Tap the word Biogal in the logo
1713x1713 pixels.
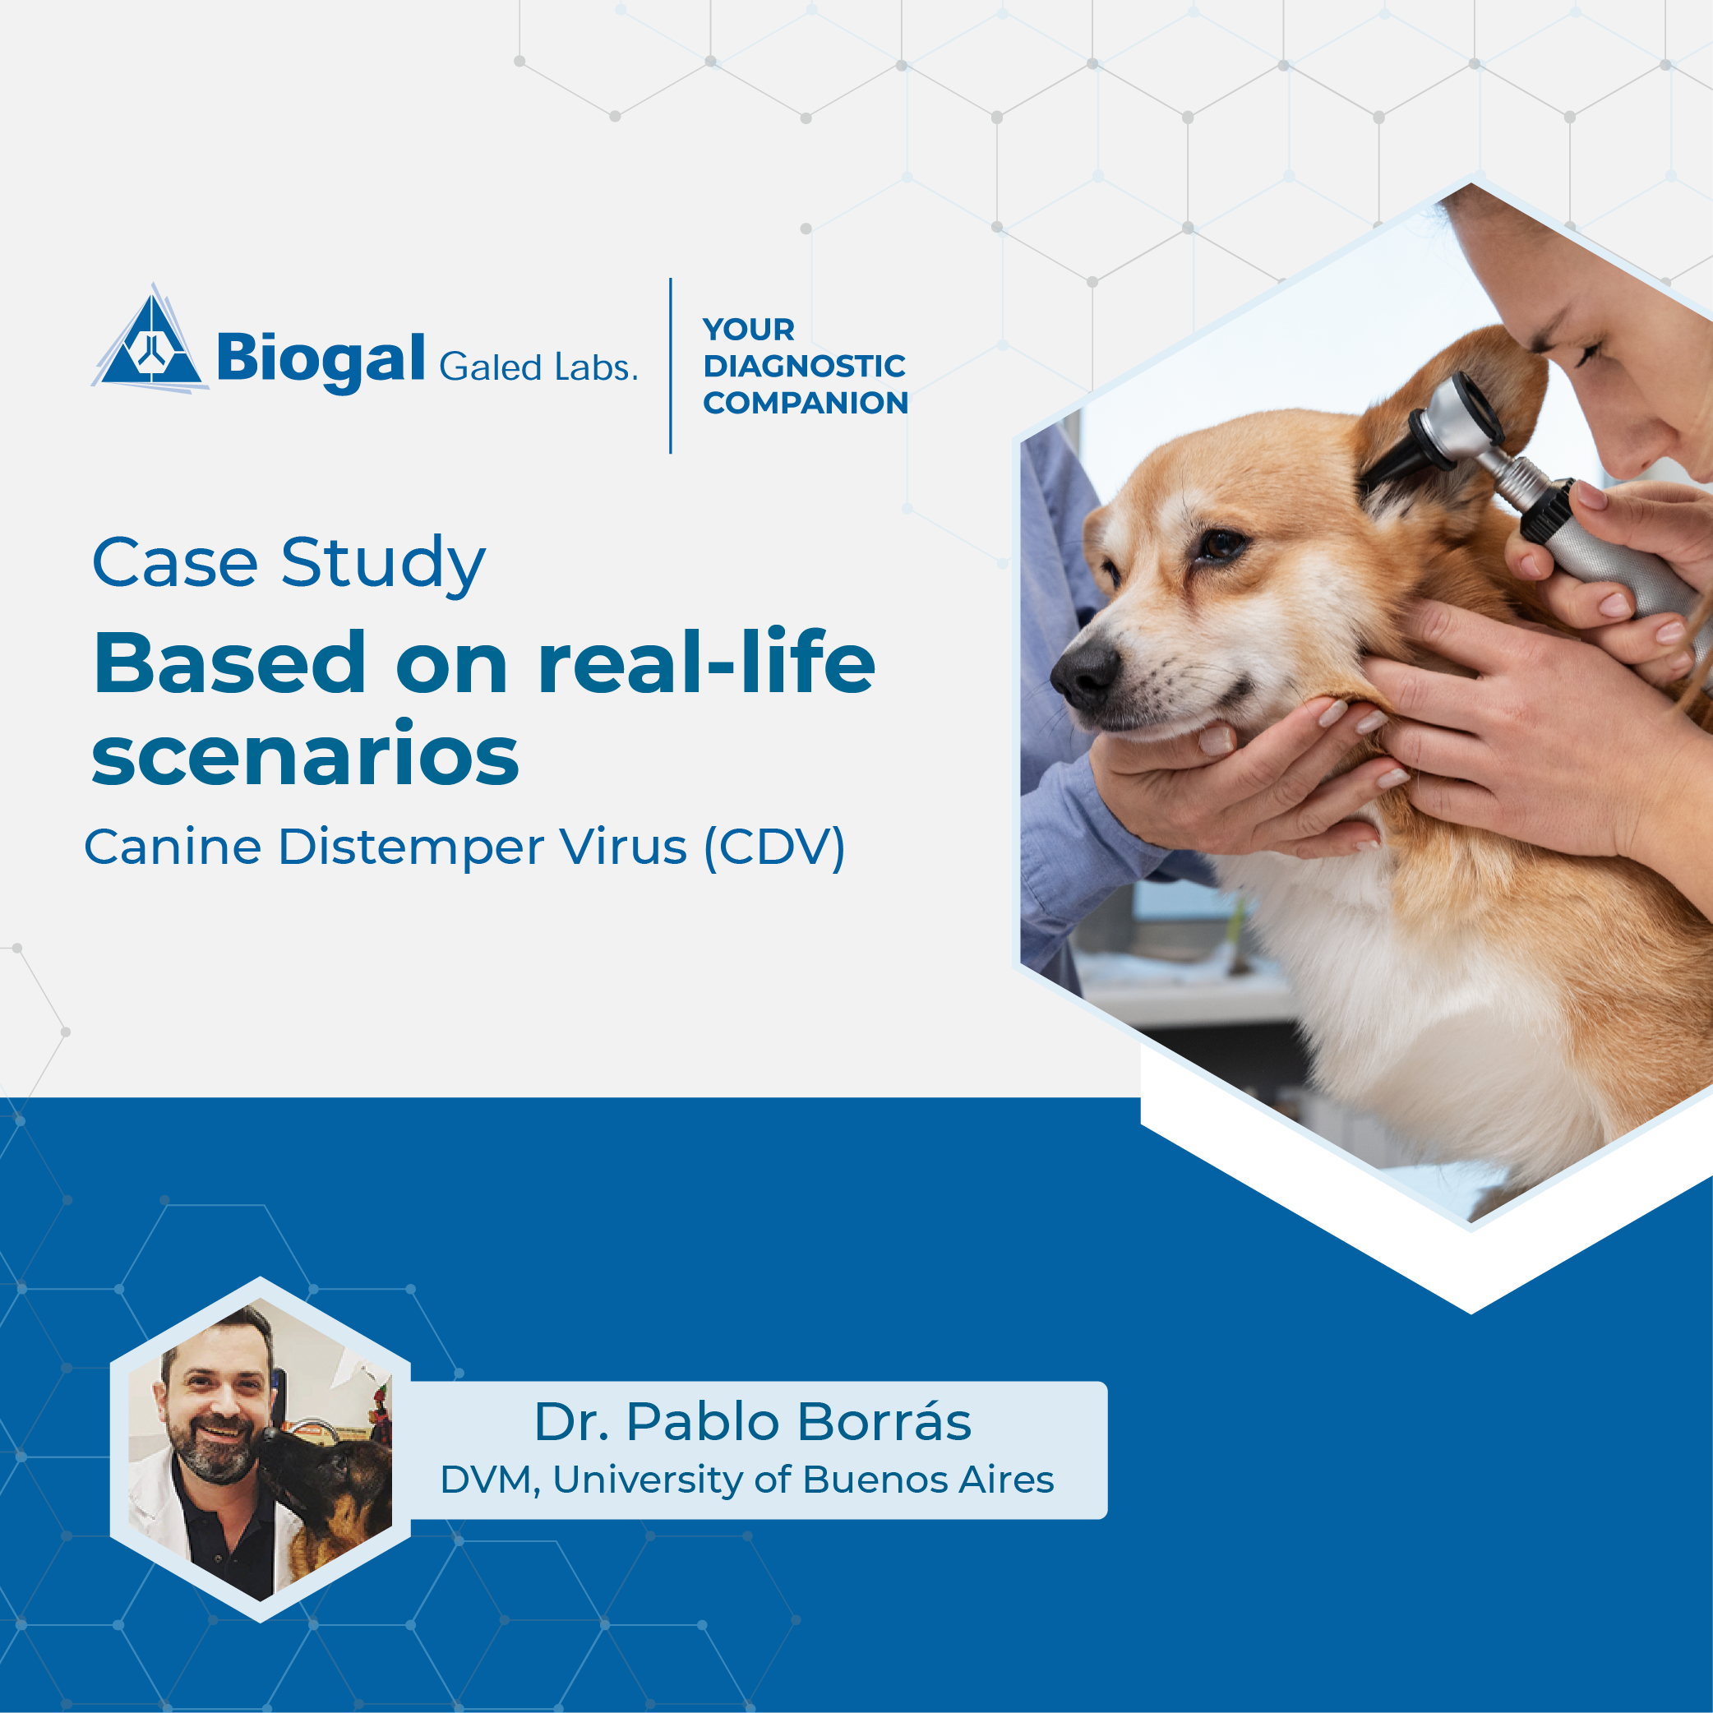(321, 360)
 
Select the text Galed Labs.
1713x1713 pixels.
(538, 366)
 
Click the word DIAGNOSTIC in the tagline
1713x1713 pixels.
(804, 366)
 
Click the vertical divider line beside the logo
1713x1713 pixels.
(670, 365)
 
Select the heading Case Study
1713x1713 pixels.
(289, 564)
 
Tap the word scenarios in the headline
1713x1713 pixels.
(305, 755)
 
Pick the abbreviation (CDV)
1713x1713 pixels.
(775, 847)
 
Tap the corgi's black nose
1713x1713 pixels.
(1083, 674)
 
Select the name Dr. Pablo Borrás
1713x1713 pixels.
(753, 1422)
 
